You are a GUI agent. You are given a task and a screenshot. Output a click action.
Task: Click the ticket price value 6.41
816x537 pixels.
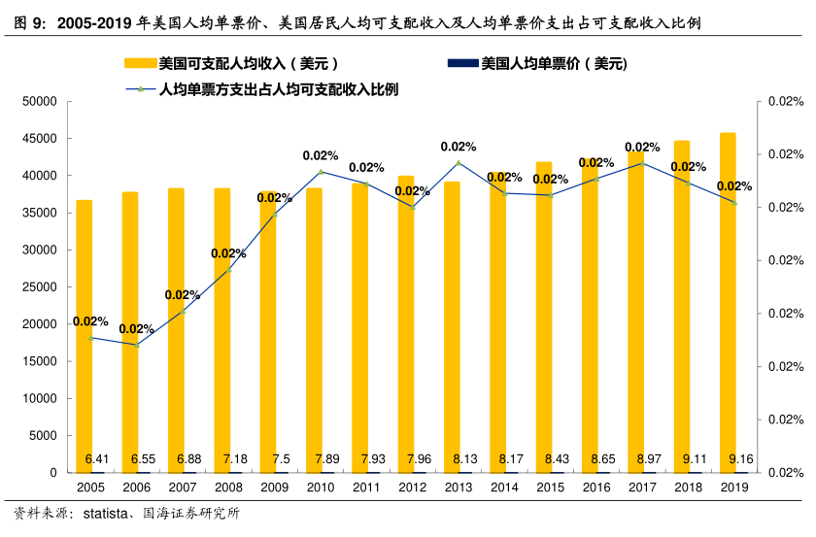click(x=95, y=458)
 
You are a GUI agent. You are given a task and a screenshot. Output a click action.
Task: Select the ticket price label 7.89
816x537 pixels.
click(x=324, y=458)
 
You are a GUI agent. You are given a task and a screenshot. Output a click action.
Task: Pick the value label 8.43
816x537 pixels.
click(x=555, y=458)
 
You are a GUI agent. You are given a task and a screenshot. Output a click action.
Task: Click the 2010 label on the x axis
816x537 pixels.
click(x=321, y=487)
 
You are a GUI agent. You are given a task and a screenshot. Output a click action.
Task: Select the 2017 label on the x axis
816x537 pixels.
click(x=642, y=487)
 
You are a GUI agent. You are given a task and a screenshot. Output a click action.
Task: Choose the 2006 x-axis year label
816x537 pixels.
click(x=137, y=487)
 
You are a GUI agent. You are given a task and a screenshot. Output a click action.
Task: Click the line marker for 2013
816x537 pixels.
click(x=459, y=162)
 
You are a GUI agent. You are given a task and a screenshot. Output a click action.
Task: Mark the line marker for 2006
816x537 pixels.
click(x=137, y=345)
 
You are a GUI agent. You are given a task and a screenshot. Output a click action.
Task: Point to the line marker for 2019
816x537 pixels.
click(x=734, y=202)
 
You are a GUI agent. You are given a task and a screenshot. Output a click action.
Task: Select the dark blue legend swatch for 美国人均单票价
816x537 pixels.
click(x=461, y=64)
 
